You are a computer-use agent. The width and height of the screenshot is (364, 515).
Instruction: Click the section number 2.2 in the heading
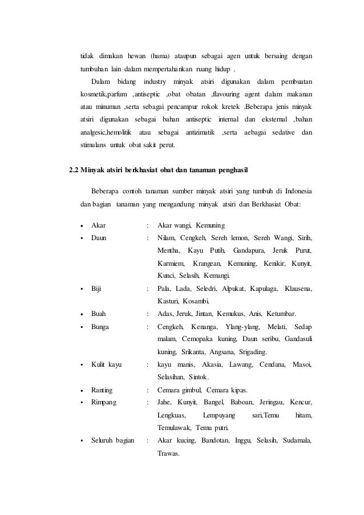(73, 170)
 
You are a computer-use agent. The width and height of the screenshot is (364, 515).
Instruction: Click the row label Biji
(96, 289)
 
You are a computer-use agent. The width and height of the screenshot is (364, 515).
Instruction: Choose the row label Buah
(98, 313)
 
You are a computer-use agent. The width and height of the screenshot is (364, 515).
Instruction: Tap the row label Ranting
(102, 390)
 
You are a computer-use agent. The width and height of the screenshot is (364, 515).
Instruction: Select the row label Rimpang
(104, 403)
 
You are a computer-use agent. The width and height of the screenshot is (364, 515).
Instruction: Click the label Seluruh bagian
(113, 440)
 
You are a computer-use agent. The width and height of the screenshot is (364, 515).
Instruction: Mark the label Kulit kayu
(106, 364)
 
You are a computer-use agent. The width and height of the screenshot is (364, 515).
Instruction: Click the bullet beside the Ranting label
(84, 390)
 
